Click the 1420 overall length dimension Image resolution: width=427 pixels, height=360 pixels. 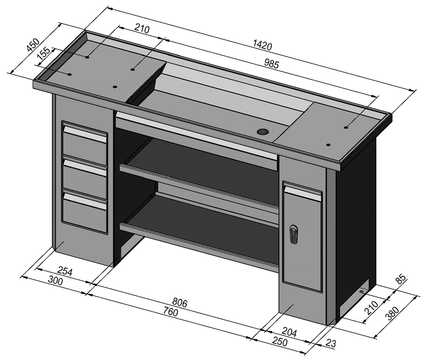[263, 45]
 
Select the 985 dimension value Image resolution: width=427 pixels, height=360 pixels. [272, 64]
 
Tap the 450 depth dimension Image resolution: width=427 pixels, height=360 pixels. [33, 45]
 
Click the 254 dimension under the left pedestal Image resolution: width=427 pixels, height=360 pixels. [65, 271]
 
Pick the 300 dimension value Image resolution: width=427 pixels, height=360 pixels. [55, 280]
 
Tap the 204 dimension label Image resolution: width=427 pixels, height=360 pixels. [289, 332]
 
